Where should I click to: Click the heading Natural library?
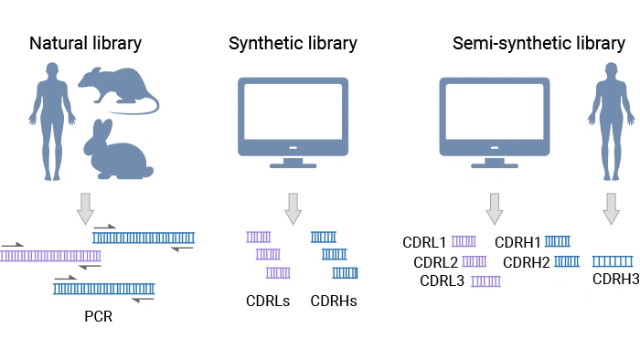(x=85, y=43)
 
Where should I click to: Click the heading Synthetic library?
(x=293, y=43)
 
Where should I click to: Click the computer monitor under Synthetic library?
(x=293, y=122)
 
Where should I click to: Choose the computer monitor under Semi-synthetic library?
(x=495, y=122)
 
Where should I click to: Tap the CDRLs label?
(x=267, y=300)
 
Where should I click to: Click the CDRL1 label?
(x=424, y=243)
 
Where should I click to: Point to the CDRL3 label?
(x=443, y=281)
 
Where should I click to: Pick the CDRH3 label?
(x=615, y=279)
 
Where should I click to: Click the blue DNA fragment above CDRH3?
(x=613, y=261)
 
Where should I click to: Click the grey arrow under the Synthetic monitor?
(x=293, y=208)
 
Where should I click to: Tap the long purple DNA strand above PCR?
(x=50, y=257)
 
